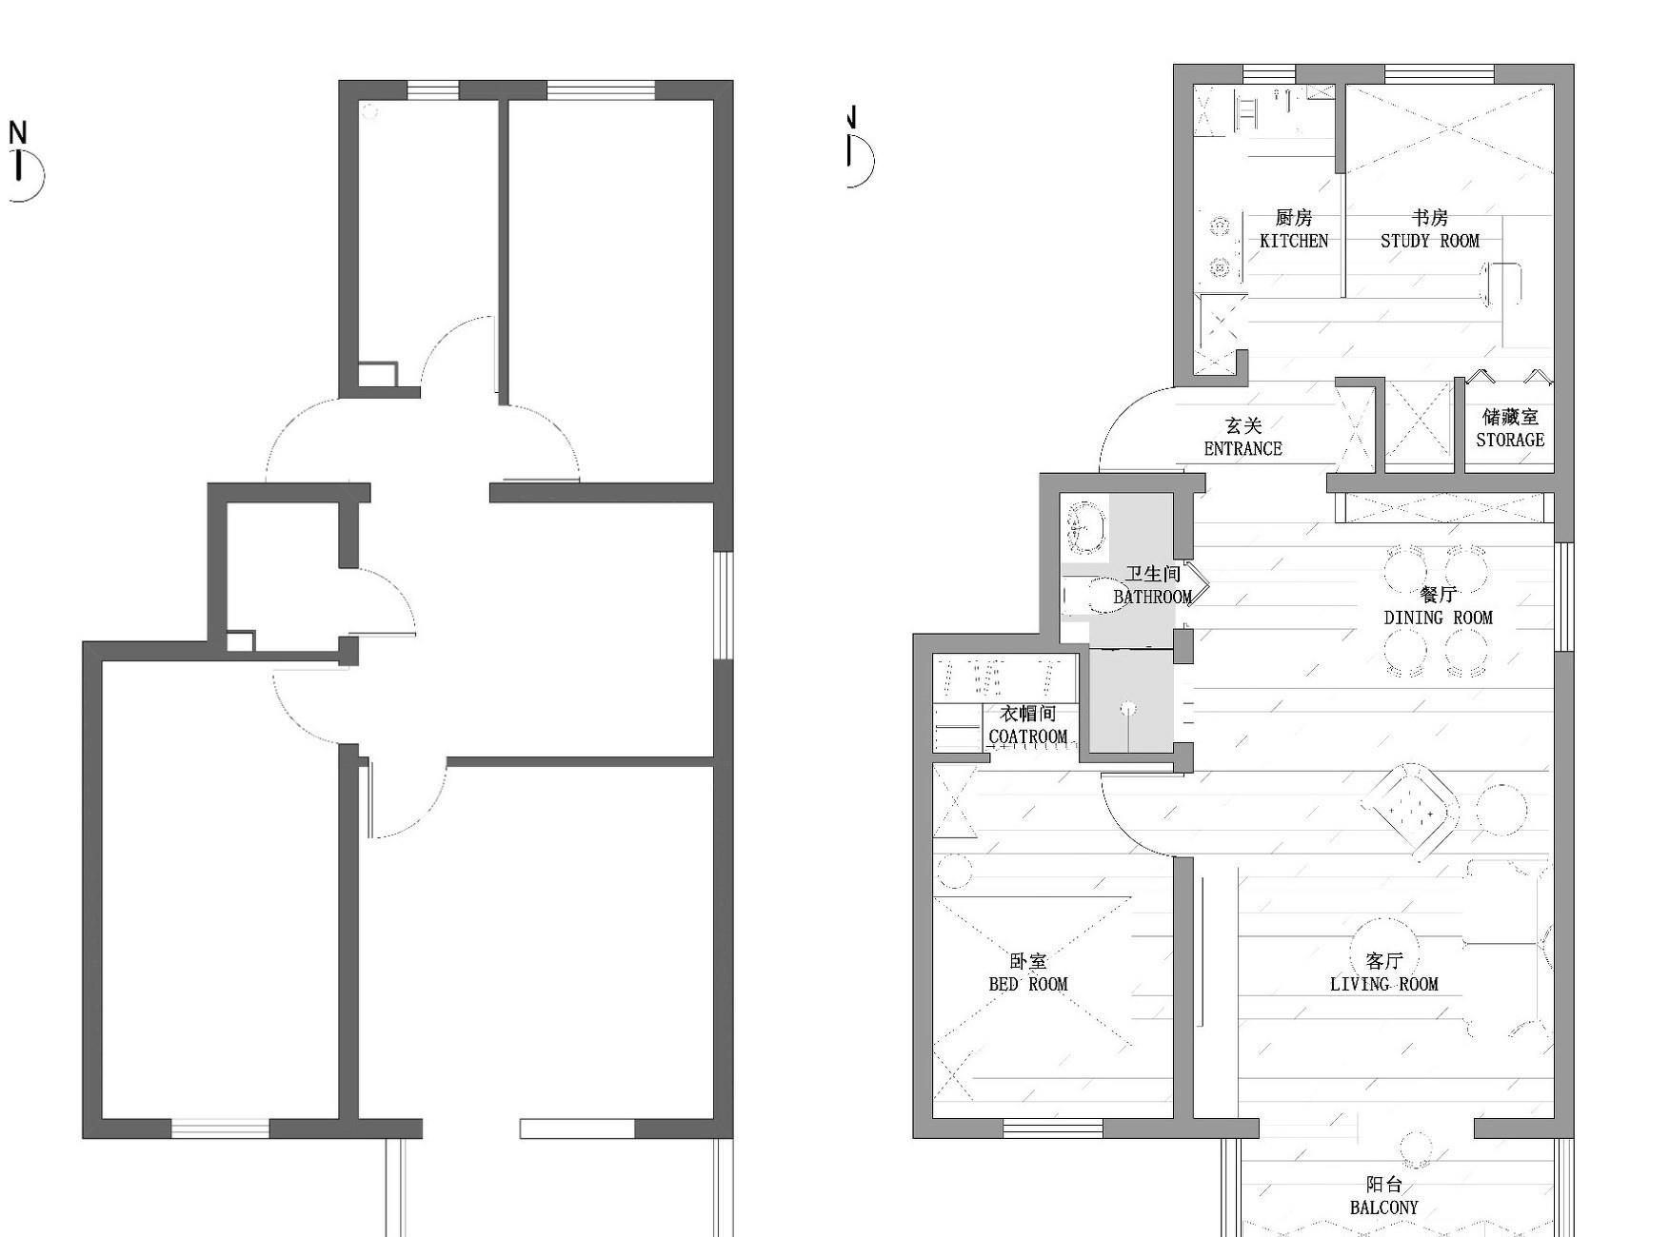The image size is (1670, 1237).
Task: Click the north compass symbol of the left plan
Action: (x=24, y=161)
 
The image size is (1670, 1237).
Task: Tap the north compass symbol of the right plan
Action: (x=859, y=147)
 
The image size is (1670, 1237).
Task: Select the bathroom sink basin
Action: (x=1086, y=529)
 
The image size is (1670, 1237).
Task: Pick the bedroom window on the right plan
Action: (x=1052, y=1129)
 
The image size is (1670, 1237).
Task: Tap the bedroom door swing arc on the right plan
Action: (x=1124, y=828)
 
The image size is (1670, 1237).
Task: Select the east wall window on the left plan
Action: (x=724, y=605)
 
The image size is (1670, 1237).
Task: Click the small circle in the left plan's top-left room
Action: (x=370, y=112)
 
